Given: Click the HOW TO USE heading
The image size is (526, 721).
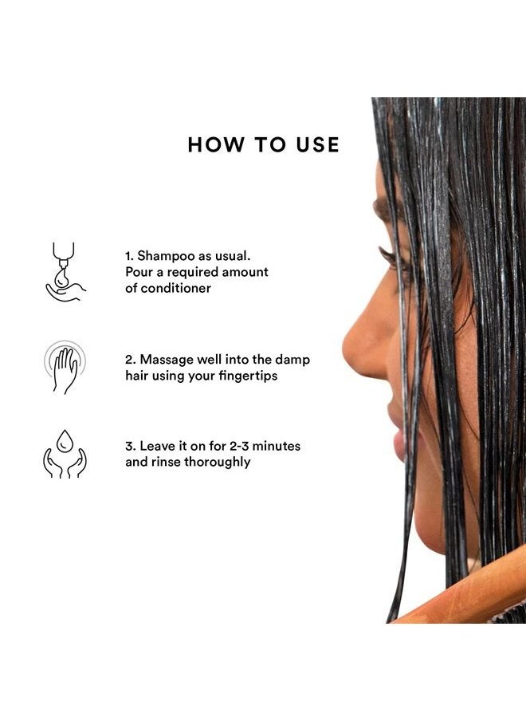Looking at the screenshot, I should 264,145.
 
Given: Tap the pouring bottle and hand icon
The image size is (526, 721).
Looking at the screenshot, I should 64,272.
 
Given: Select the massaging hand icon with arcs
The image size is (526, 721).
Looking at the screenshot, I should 65,367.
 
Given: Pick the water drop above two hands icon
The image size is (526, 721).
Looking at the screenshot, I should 65,454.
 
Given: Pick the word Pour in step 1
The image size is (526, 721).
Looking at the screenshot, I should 138,272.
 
